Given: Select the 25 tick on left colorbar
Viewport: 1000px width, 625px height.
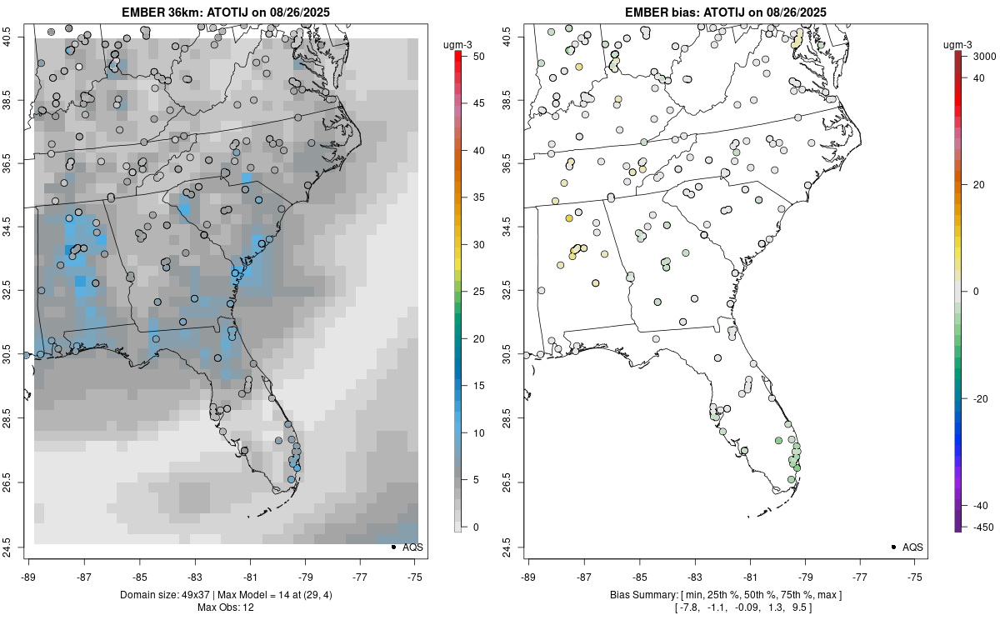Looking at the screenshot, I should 472,292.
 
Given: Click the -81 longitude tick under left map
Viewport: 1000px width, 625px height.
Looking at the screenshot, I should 250,575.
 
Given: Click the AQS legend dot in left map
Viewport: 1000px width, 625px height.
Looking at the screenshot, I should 393,547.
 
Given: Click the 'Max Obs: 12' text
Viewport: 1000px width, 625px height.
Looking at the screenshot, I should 225,607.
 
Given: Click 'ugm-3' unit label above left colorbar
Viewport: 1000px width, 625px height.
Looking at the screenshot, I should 457,44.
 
